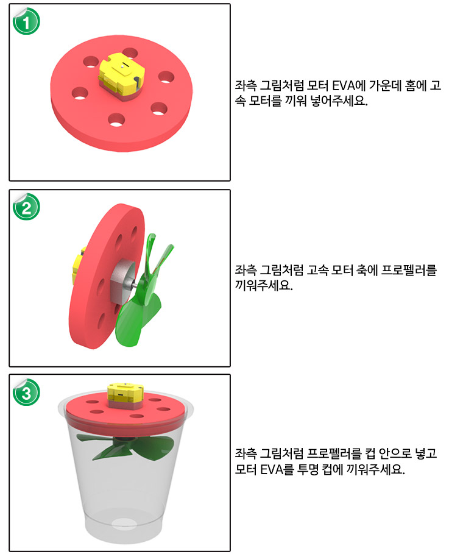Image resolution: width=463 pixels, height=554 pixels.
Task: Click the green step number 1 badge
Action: [x=26, y=21]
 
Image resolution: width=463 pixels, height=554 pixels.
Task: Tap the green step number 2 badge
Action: [x=26, y=207]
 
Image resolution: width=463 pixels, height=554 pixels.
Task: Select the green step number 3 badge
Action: [x=26, y=392]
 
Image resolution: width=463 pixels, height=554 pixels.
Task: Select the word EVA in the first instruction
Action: [x=343, y=86]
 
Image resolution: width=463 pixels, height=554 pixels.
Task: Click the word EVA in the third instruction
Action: [x=272, y=469]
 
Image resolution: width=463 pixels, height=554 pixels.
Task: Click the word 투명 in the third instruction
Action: [x=308, y=469]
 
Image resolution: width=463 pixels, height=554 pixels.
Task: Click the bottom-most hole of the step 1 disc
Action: [x=116, y=121]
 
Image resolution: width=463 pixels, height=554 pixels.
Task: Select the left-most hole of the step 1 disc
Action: [x=80, y=93]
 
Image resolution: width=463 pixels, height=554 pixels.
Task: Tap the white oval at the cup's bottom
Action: [x=124, y=524]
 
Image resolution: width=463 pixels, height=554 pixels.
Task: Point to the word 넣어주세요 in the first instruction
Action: [x=338, y=101]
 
